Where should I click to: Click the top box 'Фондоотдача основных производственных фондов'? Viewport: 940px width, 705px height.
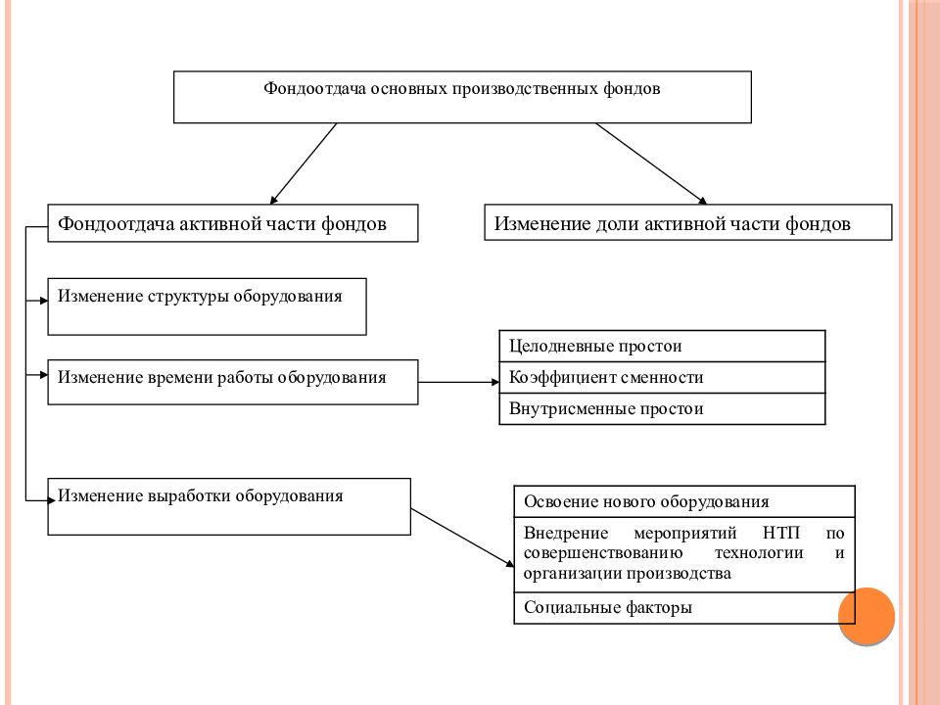click(x=462, y=97)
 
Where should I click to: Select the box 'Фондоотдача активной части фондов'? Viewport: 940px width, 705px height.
click(x=233, y=223)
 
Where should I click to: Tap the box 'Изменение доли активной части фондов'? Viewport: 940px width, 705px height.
click(x=687, y=222)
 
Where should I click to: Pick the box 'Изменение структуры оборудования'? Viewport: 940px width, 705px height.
click(x=207, y=306)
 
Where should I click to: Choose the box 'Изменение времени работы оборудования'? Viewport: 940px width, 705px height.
click(x=233, y=382)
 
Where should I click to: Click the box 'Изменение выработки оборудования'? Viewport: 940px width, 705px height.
click(x=229, y=506)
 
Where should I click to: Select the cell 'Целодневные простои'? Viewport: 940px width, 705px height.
click(x=662, y=346)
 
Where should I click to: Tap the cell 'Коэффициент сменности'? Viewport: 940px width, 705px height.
click(x=662, y=377)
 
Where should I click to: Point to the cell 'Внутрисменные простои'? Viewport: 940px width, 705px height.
click(x=662, y=409)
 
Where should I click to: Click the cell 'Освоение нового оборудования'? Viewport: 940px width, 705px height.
click(x=684, y=501)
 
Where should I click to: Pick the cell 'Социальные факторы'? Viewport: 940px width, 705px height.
click(x=684, y=608)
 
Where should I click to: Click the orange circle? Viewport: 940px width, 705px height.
click(x=867, y=616)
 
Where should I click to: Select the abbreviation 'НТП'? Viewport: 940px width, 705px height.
click(x=781, y=533)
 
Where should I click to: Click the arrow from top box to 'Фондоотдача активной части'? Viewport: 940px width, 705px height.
click(x=303, y=164)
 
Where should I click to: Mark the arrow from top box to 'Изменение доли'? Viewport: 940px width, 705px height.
click(x=652, y=164)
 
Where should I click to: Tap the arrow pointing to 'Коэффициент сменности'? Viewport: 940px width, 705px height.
click(x=458, y=382)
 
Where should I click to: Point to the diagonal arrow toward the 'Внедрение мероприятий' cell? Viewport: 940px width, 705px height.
click(x=462, y=538)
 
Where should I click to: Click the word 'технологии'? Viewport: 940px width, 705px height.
click(x=758, y=552)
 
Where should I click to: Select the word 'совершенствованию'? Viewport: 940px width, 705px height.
click(x=602, y=552)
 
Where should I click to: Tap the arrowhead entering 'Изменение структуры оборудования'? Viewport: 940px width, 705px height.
click(x=44, y=301)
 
